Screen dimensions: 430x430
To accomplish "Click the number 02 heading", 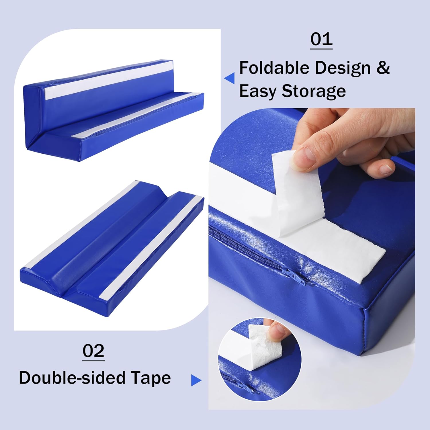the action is pyautogui.click(x=93, y=351).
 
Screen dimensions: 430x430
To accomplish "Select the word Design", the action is pyautogui.click(x=343, y=69).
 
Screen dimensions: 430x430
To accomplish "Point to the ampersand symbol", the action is pyautogui.click(x=383, y=68).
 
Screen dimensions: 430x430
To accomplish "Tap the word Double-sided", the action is pyautogui.click(x=72, y=378).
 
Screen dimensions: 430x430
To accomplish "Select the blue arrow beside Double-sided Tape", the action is pyautogui.click(x=196, y=380).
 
